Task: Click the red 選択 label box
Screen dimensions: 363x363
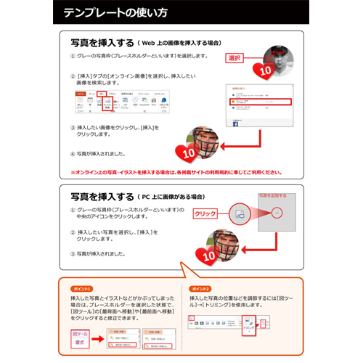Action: (235, 57)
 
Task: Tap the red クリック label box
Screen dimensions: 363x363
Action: (207, 213)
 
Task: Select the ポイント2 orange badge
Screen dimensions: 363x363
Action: (203, 288)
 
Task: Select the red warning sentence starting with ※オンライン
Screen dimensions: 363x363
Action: (174, 172)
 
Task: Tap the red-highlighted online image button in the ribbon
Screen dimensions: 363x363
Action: (107, 104)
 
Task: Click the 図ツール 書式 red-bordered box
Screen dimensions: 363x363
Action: (80, 338)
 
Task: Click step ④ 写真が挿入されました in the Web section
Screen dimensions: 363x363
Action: (98, 154)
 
